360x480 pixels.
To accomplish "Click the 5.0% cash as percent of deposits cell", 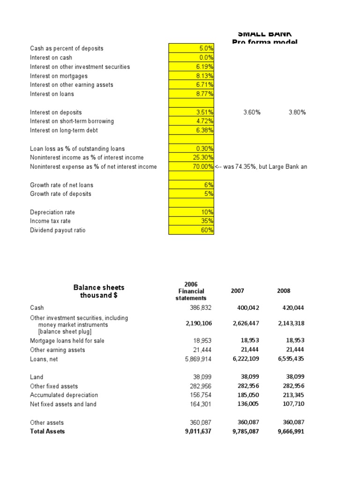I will tap(191, 48).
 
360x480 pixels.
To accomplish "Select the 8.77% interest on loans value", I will tap(191, 94).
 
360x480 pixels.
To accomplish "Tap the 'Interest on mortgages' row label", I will tap(59, 76).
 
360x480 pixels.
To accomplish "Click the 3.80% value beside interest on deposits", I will tap(297, 112).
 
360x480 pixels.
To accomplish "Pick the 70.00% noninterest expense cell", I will tap(191, 167).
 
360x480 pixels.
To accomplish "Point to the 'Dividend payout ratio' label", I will tap(58, 230).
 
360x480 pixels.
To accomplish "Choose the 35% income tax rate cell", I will tap(191, 221).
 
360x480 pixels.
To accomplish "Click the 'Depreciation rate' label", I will tap(52, 212).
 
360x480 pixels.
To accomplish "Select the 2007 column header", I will tap(238, 291).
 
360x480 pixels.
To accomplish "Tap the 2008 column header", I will tap(284, 291).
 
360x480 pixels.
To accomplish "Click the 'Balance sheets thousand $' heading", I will tap(99, 291).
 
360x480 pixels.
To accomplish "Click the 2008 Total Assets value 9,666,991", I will tap(291, 431).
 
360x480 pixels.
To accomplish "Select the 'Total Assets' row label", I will tap(47, 431).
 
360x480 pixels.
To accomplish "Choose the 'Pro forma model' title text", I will tap(264, 42).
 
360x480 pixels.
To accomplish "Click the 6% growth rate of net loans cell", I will tap(191, 185).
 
